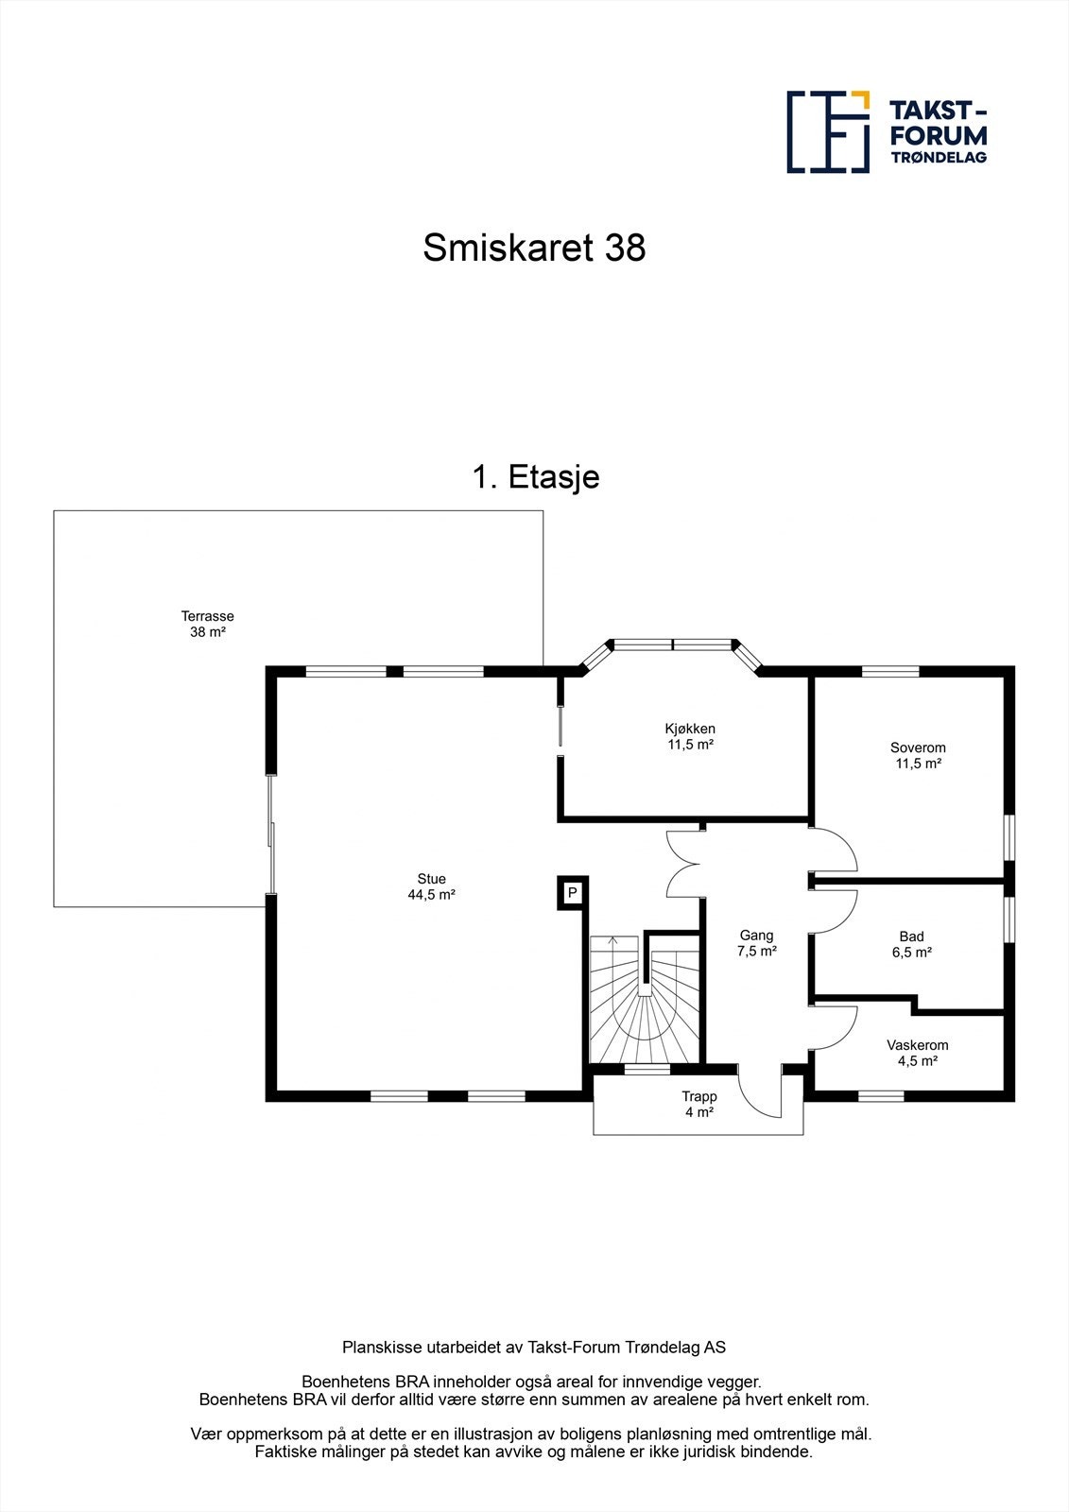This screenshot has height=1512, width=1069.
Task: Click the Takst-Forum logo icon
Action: [x=828, y=132]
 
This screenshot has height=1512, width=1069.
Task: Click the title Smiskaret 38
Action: [x=534, y=249]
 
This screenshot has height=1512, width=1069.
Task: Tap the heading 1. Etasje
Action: [x=536, y=477]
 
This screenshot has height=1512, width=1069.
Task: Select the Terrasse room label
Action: [x=208, y=624]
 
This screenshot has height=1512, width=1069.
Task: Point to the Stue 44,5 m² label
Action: [x=432, y=886]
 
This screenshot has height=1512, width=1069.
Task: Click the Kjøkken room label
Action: [x=690, y=736]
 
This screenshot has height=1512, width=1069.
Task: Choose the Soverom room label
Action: [x=918, y=755]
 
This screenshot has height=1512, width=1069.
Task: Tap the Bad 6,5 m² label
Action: [x=912, y=945]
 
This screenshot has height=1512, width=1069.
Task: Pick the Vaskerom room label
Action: [x=917, y=1053]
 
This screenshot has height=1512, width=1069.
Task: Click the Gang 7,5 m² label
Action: [x=756, y=943]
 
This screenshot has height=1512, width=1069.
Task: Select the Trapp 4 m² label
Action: [x=699, y=1105]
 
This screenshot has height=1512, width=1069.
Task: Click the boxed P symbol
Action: [x=572, y=892]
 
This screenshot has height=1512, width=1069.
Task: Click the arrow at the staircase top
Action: [x=612, y=941]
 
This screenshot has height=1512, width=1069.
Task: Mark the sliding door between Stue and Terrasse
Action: [x=272, y=834]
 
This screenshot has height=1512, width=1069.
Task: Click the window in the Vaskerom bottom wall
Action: [x=881, y=1096]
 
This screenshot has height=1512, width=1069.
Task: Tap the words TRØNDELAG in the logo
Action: [x=939, y=157]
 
